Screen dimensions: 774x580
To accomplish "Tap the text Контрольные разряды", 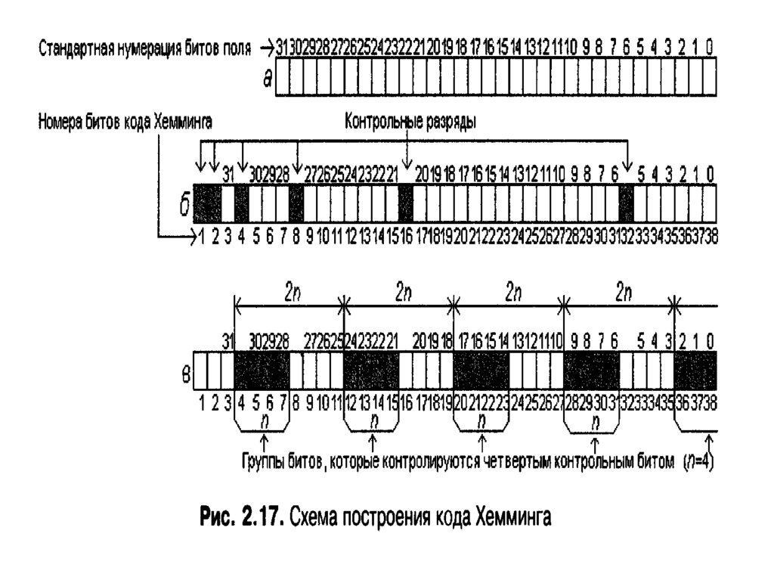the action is (x=410, y=122).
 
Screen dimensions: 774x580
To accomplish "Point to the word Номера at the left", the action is (x=58, y=121).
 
